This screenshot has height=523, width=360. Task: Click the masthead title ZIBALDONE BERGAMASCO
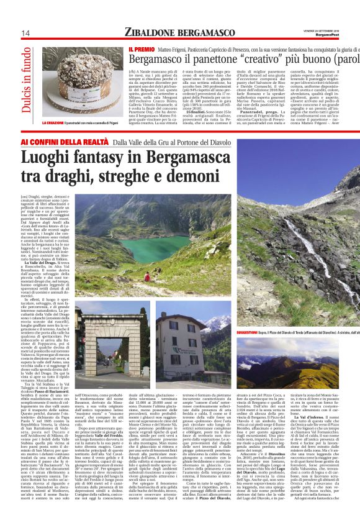(x=176, y=32)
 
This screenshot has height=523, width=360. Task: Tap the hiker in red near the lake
(x=146, y=277)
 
